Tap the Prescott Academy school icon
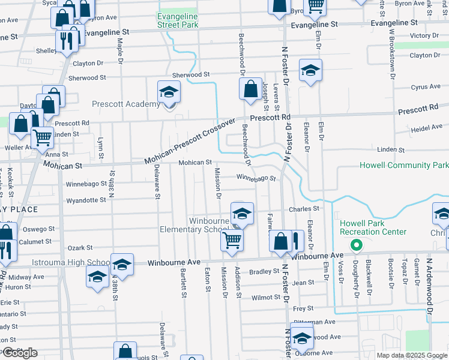169,92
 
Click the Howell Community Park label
403,165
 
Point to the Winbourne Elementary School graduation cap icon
242,214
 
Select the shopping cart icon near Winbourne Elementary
232,240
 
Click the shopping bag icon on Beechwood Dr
250,90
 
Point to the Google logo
20,353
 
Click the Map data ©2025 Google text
412,355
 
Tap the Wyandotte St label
86,200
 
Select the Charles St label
304,209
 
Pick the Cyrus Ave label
426,87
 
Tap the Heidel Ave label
426,127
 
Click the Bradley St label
261,271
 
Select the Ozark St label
80,247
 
